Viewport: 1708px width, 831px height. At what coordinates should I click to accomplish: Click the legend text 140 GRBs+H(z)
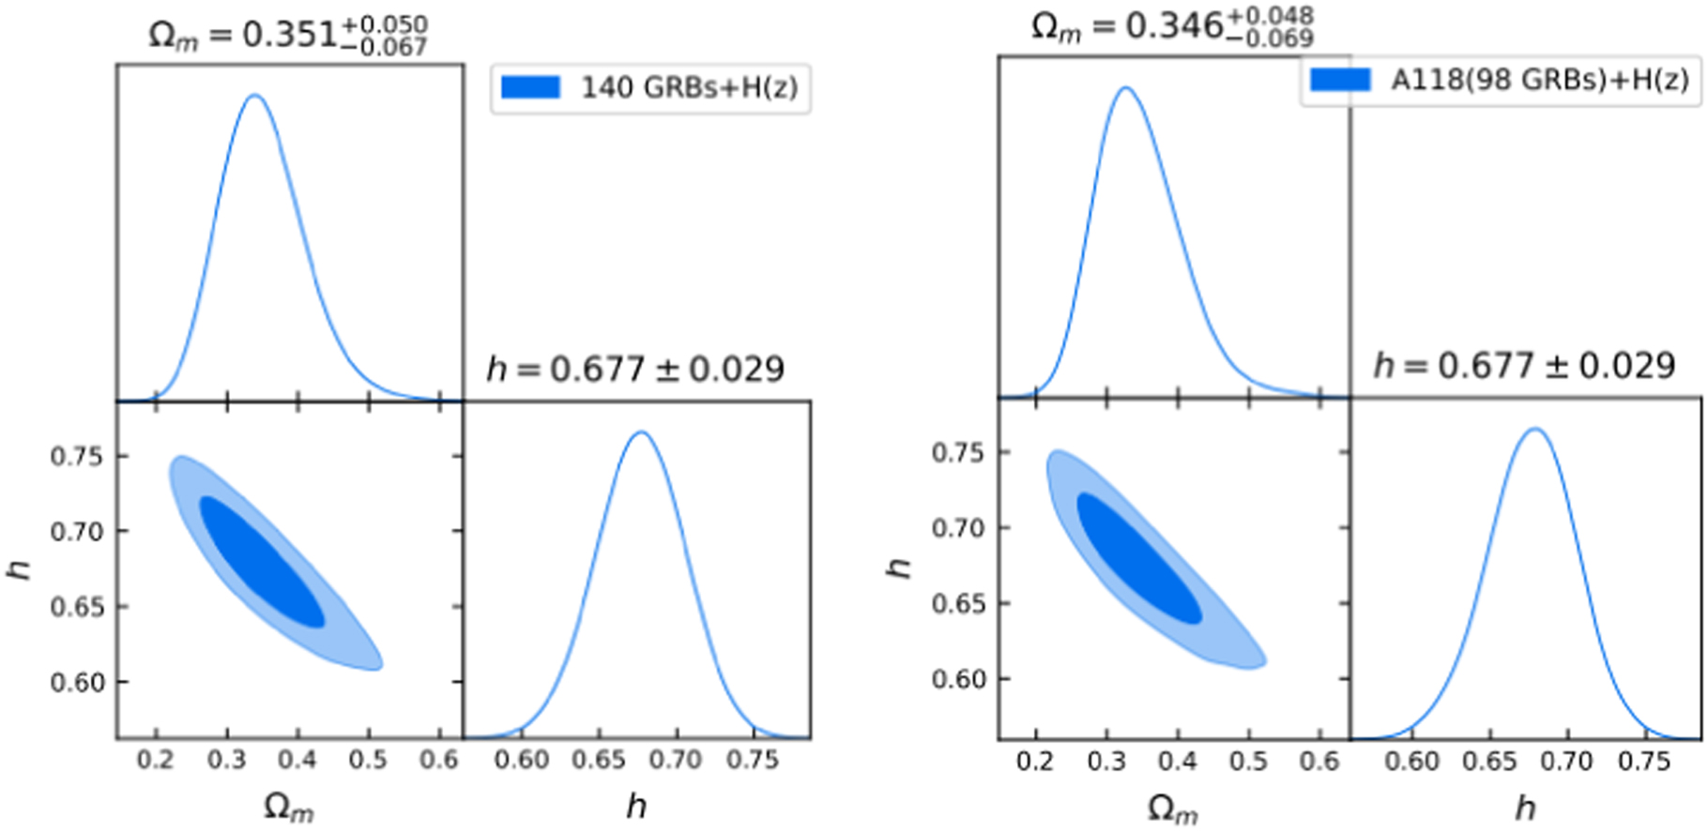click(689, 87)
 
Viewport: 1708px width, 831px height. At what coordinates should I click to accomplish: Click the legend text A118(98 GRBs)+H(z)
click(1539, 80)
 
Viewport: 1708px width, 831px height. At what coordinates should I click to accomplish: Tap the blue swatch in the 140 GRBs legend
click(531, 87)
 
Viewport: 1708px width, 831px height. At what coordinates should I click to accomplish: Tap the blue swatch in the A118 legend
click(1340, 80)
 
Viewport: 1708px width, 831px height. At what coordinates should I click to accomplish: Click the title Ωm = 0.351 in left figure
click(287, 35)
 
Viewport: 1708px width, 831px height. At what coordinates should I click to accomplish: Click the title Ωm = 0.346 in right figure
click(1171, 27)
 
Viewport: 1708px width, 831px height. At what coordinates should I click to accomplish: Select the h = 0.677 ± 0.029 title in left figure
click(635, 370)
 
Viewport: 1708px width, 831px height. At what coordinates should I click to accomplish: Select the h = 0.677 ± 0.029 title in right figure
click(1524, 366)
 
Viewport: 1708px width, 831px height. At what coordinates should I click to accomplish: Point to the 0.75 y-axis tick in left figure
click(76, 457)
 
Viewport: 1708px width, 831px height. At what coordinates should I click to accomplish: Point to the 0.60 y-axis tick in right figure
click(957, 679)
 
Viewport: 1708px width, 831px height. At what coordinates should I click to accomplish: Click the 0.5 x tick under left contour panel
click(368, 760)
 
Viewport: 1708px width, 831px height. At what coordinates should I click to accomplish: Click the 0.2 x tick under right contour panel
click(1035, 762)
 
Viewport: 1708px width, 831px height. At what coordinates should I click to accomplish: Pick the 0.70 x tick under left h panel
click(675, 760)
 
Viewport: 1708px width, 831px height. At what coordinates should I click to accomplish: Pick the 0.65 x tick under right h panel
click(1488, 762)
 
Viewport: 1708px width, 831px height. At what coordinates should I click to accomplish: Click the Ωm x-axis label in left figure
click(289, 807)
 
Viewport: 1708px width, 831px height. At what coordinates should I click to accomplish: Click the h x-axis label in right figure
click(1526, 808)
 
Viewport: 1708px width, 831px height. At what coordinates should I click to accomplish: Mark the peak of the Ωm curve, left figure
click(254, 95)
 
